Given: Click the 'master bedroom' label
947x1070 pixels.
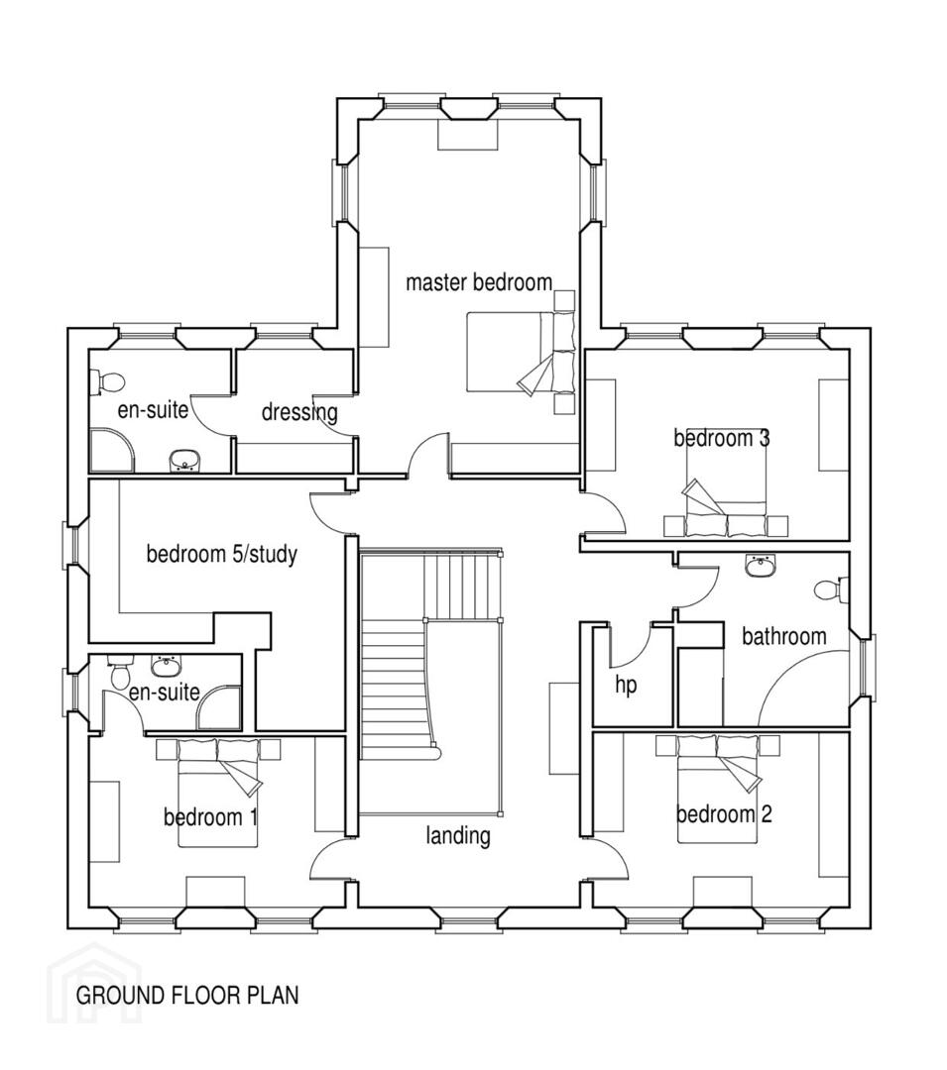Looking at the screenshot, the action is pyautogui.click(x=479, y=281).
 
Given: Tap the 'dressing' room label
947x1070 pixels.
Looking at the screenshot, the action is pyautogui.click(x=299, y=412).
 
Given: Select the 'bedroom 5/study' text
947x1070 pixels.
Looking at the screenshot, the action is pyautogui.click(x=222, y=554).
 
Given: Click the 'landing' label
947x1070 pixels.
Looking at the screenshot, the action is pyautogui.click(x=458, y=835).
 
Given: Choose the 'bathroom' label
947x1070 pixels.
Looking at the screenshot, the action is pyautogui.click(x=783, y=637).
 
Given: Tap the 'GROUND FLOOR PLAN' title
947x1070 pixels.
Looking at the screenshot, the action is pyautogui.click(x=187, y=995).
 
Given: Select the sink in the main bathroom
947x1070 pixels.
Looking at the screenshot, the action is pyautogui.click(x=760, y=565).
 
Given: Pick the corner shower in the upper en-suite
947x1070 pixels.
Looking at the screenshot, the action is pyautogui.click(x=111, y=450).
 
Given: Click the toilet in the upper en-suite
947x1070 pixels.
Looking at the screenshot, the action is pyautogui.click(x=107, y=382).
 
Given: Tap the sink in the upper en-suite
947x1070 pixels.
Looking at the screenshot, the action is pyautogui.click(x=183, y=461).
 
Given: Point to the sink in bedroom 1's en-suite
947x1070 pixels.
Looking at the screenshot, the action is pyautogui.click(x=164, y=664).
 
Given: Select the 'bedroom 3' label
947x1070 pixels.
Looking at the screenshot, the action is pyautogui.click(x=722, y=438).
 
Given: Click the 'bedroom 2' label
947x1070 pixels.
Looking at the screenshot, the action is pyautogui.click(x=724, y=813).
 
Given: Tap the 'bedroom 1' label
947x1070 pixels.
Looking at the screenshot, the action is pyautogui.click(x=210, y=816).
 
